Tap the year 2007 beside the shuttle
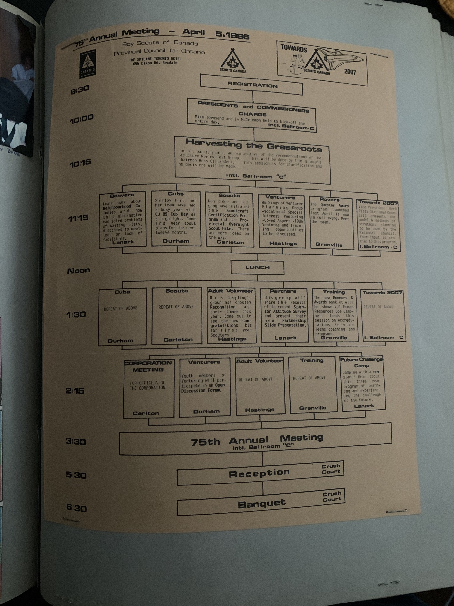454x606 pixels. (350, 72)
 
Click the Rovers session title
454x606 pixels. (330, 199)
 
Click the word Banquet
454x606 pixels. (262, 503)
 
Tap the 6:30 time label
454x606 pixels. (76, 508)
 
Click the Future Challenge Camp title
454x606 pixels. (362, 362)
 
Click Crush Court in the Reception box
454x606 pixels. (331, 469)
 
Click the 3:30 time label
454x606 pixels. (76, 442)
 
